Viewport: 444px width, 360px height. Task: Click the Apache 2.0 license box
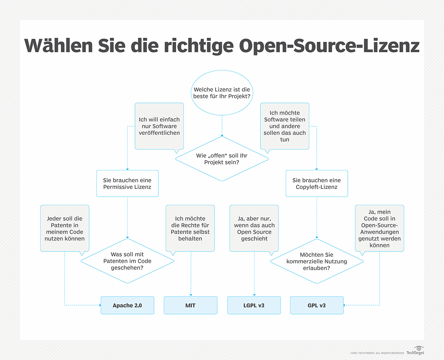point(127,306)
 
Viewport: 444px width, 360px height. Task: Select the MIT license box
point(191,306)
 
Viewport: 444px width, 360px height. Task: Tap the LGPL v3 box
point(254,306)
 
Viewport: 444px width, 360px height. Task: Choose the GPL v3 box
point(317,306)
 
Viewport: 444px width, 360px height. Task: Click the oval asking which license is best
point(222,93)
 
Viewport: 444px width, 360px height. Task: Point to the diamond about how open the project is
point(222,159)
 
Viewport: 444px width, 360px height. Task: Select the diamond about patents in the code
point(127,261)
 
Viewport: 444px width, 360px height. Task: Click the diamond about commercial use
point(317,261)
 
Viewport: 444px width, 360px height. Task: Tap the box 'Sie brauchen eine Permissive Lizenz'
point(127,183)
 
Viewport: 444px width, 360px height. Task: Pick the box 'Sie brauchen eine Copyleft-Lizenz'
point(317,183)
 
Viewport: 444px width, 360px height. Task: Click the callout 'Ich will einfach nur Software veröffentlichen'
point(159,126)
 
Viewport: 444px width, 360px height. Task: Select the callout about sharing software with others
point(285,126)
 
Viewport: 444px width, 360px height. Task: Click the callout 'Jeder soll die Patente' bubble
point(65,228)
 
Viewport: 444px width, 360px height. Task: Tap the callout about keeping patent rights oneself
point(191,228)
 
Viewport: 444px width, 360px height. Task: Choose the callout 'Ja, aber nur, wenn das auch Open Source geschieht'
point(254,228)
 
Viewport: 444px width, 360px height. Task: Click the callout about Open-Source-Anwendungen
point(379,228)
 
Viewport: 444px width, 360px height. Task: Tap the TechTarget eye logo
point(419,348)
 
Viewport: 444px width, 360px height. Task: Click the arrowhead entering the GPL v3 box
point(345,306)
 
